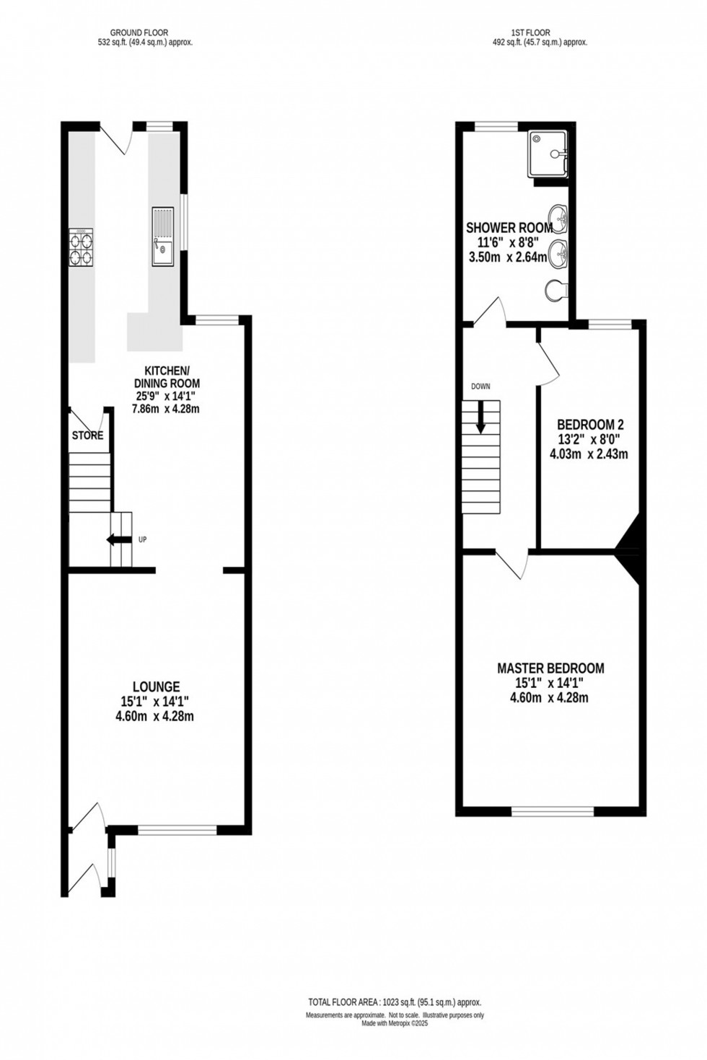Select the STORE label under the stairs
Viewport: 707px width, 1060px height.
[x=87, y=436]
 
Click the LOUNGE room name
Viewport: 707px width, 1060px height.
[x=156, y=687]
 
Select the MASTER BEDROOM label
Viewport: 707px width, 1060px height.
[x=550, y=668]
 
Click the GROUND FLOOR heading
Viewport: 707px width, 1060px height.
[x=139, y=32]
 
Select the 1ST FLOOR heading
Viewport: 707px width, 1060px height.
[x=530, y=32]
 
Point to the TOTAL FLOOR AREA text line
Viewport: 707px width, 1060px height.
[x=395, y=1002]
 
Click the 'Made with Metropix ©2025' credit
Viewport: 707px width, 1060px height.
[x=395, y=1023]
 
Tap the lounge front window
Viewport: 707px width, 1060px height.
[x=177, y=830]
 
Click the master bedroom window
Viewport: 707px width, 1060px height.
[x=553, y=811]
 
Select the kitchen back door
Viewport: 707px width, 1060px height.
[x=115, y=137]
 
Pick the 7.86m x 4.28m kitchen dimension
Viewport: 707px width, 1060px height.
[x=166, y=409]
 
